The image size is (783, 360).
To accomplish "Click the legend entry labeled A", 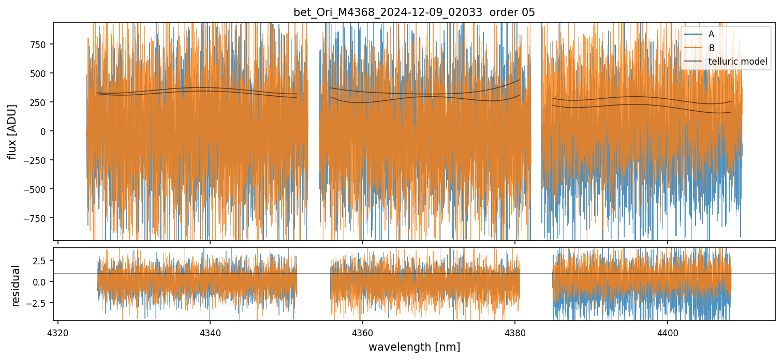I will coord(711,34).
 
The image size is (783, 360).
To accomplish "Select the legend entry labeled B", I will coord(711,48).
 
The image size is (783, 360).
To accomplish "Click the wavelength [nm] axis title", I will coord(414,347).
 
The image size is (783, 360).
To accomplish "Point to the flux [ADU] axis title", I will coord(11,131).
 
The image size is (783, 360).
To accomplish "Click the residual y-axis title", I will coord(16,286).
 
